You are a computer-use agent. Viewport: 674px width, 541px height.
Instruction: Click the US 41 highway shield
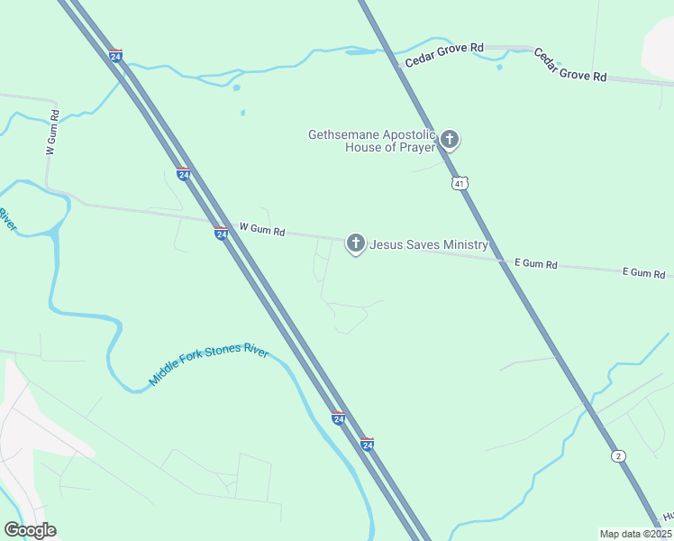(x=460, y=183)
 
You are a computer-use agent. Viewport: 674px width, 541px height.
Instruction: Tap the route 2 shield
(x=617, y=455)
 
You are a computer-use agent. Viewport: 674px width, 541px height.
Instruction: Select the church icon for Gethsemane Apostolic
(x=450, y=140)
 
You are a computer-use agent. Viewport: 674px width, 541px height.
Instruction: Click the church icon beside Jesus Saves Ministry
(x=356, y=243)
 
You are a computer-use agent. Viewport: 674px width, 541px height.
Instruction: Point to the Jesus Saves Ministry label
(x=429, y=244)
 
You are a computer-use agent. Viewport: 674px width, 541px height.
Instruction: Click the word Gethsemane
(x=343, y=134)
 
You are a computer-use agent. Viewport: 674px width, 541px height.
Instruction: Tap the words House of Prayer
(x=390, y=147)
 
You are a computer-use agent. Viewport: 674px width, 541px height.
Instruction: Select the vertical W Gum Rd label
(x=52, y=133)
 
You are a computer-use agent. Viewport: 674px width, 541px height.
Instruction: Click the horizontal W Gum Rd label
(x=262, y=231)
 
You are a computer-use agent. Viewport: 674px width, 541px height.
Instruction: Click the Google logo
(x=30, y=530)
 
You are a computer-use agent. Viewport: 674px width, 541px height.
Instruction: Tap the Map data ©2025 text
(x=635, y=534)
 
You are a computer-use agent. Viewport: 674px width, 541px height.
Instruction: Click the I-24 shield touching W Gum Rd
(x=221, y=234)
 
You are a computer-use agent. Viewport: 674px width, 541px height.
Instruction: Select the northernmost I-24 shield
(x=115, y=55)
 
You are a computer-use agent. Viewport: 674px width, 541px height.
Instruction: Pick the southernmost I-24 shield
(x=367, y=445)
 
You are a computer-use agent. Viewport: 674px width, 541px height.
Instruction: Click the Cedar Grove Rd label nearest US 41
(x=444, y=54)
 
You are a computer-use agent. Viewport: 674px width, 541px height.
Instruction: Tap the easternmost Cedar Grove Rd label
(x=569, y=66)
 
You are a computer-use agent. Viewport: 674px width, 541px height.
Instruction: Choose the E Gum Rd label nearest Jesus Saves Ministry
(x=536, y=264)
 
